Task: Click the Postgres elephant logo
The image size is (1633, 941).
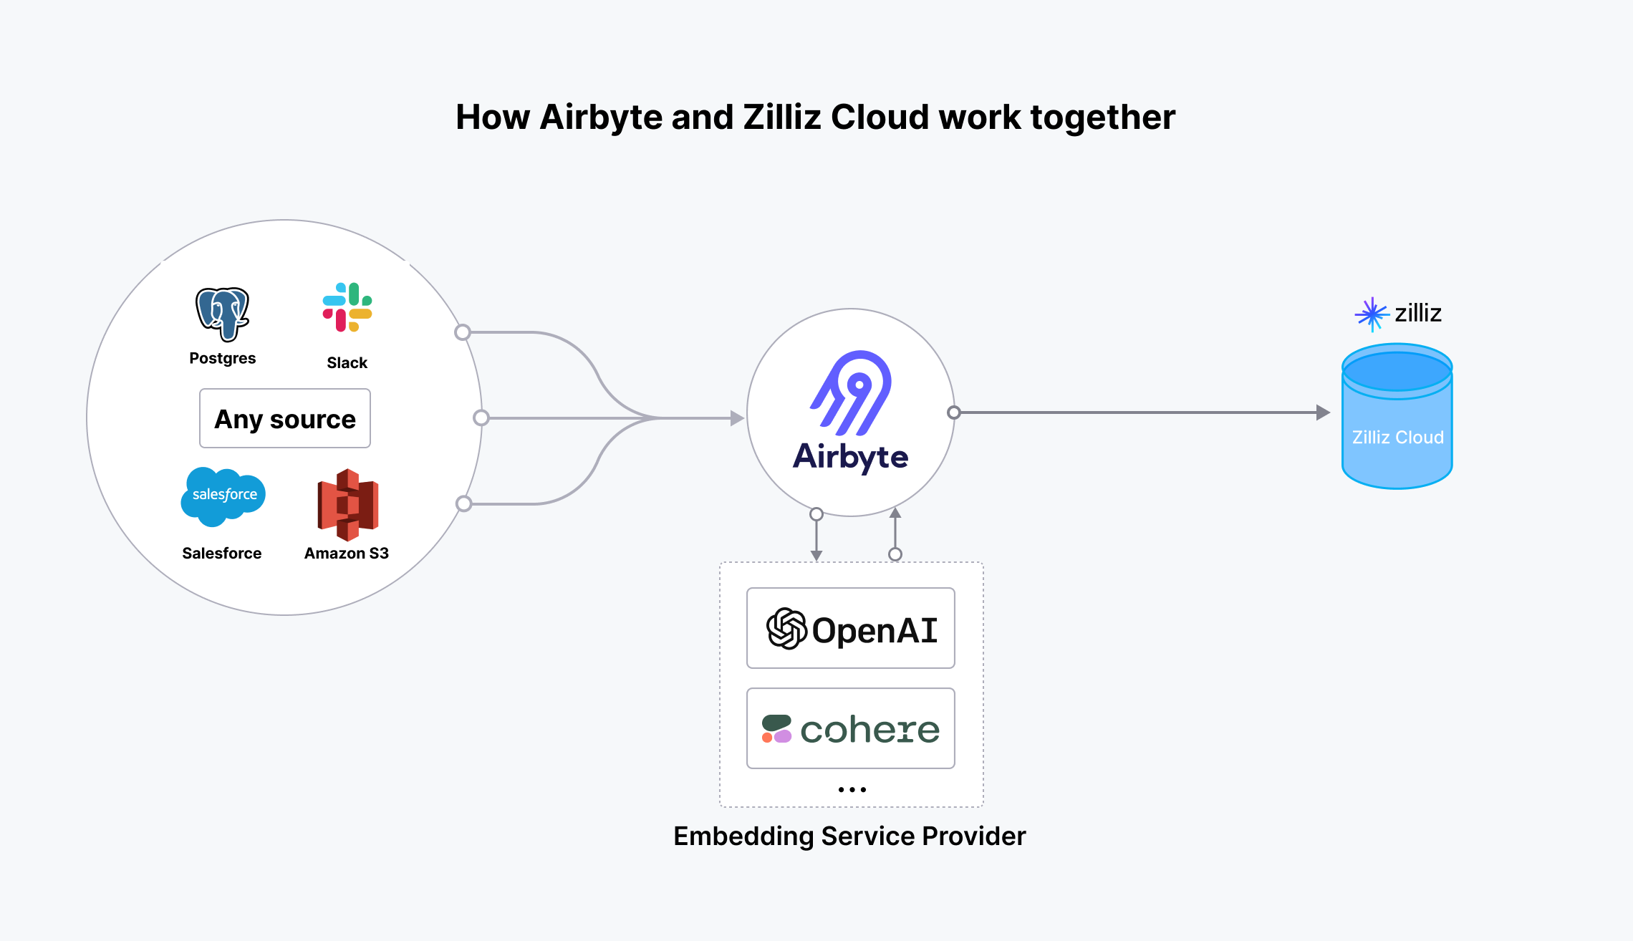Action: tap(223, 314)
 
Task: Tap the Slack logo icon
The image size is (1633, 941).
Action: tap(347, 307)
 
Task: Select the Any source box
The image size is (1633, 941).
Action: tap(285, 418)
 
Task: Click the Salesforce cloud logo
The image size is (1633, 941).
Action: tap(223, 496)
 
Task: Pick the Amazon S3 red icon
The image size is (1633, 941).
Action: tap(348, 504)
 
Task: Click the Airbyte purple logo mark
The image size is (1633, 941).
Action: tap(852, 392)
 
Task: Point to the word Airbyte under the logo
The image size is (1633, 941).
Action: tap(851, 457)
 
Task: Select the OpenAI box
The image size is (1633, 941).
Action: tap(851, 628)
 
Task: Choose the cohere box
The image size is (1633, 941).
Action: tap(851, 728)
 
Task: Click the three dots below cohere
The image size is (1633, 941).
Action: tap(852, 789)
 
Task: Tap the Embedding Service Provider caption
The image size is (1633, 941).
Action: tap(849, 836)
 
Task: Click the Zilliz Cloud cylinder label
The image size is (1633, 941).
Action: tap(1397, 437)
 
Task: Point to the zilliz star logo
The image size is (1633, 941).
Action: tap(1371, 314)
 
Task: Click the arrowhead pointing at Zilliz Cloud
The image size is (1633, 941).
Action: tap(1324, 412)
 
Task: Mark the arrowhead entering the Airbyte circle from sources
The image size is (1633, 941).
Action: tap(737, 418)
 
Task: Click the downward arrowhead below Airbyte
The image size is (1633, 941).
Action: tap(816, 555)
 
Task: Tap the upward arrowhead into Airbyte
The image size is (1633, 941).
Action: tap(895, 513)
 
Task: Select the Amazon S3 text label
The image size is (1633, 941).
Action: tap(347, 553)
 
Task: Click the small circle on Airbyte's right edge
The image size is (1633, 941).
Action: tap(953, 412)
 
